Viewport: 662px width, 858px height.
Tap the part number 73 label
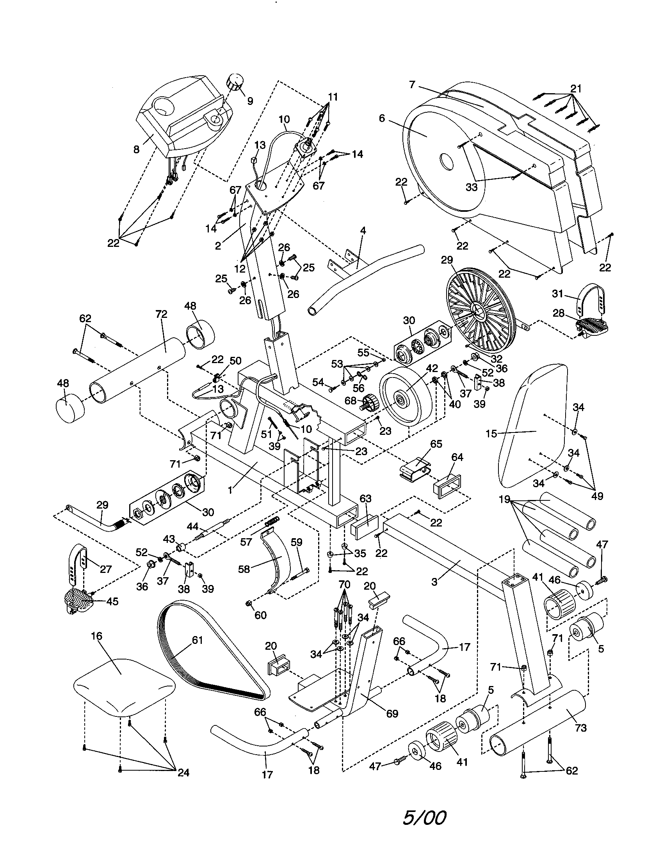(x=580, y=728)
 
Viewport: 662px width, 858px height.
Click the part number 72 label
(x=161, y=314)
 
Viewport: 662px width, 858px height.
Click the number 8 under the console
(x=136, y=150)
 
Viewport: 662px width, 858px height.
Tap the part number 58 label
(x=244, y=569)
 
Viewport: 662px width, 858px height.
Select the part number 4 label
(x=363, y=230)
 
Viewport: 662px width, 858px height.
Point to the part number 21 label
(x=575, y=89)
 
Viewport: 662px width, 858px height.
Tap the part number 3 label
(x=434, y=582)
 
